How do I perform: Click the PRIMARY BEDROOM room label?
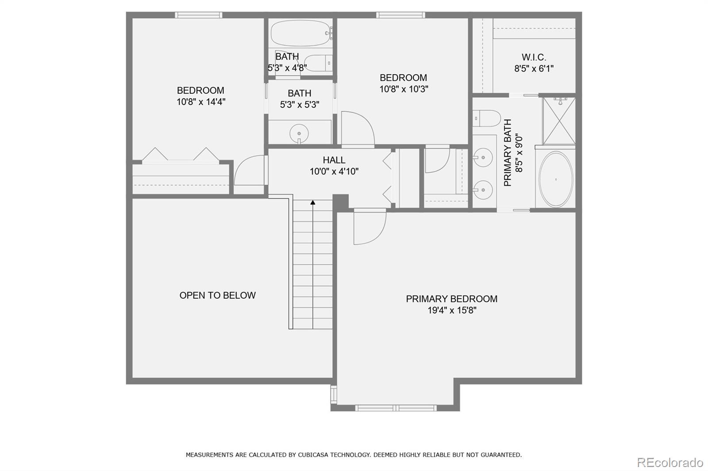[x=451, y=299]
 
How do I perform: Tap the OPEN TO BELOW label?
[x=217, y=295]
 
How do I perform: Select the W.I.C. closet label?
[x=534, y=57]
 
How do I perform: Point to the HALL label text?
[x=334, y=160]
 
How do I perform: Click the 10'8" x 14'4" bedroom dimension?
[x=201, y=102]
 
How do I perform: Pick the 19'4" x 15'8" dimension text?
[x=452, y=310]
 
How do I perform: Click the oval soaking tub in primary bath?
[x=556, y=179]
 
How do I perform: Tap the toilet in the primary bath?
[x=487, y=118]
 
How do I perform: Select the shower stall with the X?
[x=559, y=121]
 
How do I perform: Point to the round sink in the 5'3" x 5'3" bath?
[x=299, y=133]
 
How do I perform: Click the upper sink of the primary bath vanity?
[x=483, y=157]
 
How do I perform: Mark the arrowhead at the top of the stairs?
[x=313, y=202]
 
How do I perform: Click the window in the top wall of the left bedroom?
[x=199, y=15]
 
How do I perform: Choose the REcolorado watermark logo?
[x=670, y=463]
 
